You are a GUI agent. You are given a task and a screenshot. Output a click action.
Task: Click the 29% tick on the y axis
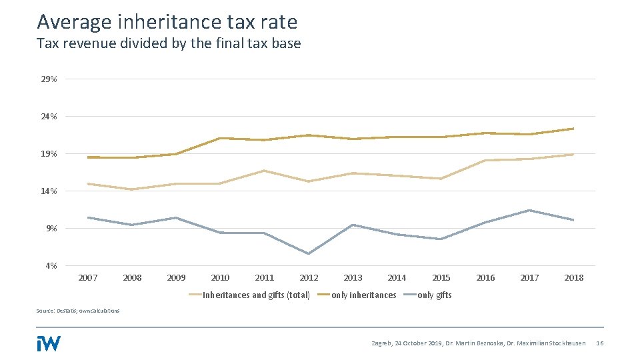(49, 79)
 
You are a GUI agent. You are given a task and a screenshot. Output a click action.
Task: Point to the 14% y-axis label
(49, 191)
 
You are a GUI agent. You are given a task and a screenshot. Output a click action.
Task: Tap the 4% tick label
(51, 266)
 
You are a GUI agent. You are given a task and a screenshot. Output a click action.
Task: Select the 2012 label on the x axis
(309, 278)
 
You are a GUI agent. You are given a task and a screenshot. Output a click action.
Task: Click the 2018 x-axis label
(573, 278)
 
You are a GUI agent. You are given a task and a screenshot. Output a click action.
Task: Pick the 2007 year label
(88, 278)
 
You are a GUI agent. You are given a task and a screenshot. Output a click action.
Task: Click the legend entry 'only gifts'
(434, 295)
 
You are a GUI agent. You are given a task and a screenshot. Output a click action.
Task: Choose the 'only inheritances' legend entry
(363, 295)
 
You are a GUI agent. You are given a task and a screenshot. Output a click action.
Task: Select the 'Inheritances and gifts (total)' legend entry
(256, 295)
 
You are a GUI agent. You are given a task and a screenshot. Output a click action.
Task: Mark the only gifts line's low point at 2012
(309, 253)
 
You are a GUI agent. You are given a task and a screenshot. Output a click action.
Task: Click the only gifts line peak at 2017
(529, 211)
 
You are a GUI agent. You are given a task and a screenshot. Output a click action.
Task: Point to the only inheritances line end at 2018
(573, 129)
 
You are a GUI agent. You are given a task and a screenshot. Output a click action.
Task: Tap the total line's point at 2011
(265, 171)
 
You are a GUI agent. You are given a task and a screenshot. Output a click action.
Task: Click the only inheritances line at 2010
(220, 138)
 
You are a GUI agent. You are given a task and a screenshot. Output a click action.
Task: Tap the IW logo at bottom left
(49, 343)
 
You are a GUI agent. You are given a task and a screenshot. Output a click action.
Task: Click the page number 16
(599, 343)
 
